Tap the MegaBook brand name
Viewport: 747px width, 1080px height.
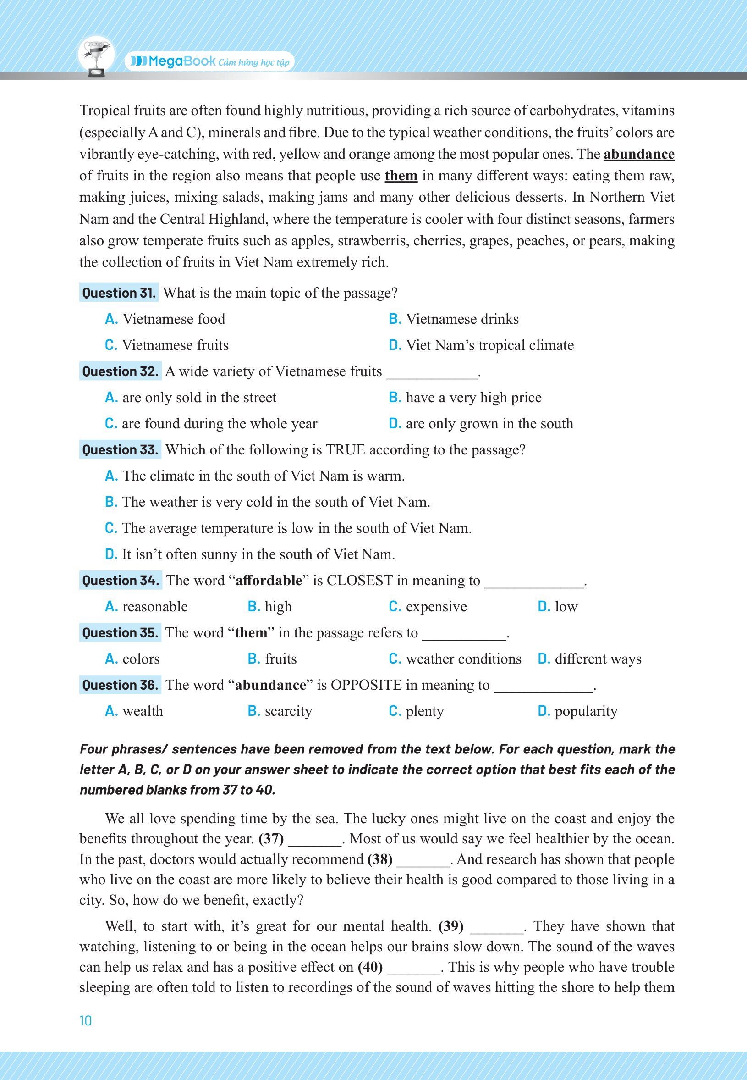pos(181,61)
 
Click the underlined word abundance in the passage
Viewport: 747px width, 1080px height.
pos(638,154)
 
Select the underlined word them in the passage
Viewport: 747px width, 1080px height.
pos(401,176)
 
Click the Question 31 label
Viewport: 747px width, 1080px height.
pos(119,293)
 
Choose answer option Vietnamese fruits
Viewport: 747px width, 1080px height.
pos(175,345)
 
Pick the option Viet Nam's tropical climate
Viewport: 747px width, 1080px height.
pos(489,345)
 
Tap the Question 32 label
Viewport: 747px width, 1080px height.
pos(120,371)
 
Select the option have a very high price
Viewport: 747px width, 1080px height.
pos(473,398)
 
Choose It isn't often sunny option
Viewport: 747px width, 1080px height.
pos(258,554)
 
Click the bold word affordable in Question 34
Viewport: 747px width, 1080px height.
pos(269,581)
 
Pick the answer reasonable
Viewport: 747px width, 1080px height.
pos(154,607)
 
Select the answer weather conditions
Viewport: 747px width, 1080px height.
pos(463,659)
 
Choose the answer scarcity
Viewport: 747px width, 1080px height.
pos(288,711)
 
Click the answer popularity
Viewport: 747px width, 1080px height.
pos(586,711)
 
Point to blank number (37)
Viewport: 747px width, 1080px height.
pos(271,839)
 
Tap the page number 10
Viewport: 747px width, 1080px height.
pos(86,1021)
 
